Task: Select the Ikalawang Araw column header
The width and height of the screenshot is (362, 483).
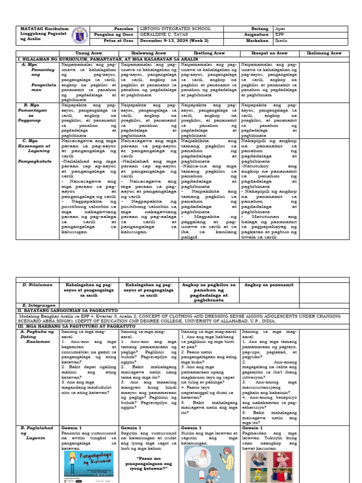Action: click(x=149, y=53)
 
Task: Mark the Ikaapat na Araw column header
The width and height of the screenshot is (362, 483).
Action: click(x=269, y=53)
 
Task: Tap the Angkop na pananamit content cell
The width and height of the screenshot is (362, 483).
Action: click(x=269, y=285)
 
